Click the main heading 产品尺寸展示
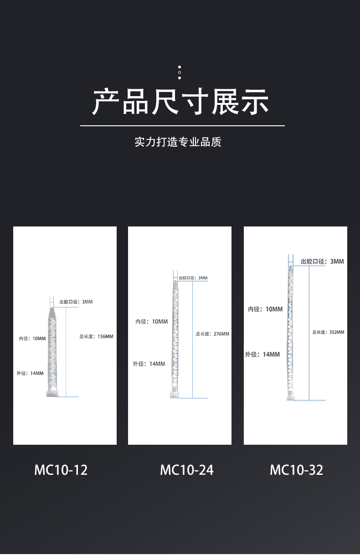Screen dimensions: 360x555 [x=181, y=102]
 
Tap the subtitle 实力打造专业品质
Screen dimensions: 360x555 [x=178, y=142]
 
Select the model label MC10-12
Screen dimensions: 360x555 [x=61, y=470]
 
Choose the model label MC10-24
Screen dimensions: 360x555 [x=186, y=470]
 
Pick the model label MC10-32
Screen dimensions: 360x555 [x=296, y=470]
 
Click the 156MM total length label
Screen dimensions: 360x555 [x=96, y=337]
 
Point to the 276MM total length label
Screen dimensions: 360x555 [x=212, y=334]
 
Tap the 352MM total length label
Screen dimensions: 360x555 [x=328, y=332]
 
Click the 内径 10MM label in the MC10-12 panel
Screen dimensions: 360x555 [x=32, y=339]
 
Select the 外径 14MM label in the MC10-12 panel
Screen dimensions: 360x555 [x=30, y=373]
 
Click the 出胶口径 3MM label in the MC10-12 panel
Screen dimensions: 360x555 [x=76, y=302]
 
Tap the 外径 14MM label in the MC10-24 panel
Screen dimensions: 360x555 [x=149, y=364]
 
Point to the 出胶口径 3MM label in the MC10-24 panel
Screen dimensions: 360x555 [x=193, y=278]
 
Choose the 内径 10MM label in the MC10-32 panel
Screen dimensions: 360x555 [x=265, y=309]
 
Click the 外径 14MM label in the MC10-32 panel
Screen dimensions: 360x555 [x=262, y=354]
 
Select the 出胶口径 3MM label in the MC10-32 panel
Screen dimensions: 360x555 [x=322, y=262]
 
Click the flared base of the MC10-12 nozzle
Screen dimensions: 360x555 [x=52, y=392]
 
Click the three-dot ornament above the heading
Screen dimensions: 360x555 [x=180, y=72]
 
